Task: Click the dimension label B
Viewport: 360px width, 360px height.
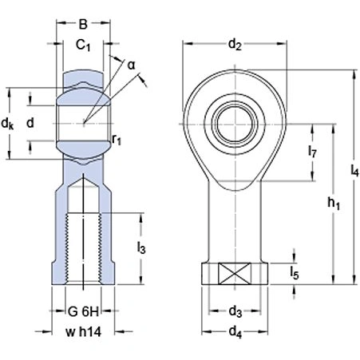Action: [x=83, y=24]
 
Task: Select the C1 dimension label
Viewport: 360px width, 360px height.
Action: [x=83, y=46]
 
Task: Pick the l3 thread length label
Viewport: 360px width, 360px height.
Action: [x=140, y=248]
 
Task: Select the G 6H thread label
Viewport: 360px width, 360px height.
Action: [x=82, y=312]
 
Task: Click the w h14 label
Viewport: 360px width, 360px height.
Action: [x=82, y=331]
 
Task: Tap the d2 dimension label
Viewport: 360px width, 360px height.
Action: [x=235, y=45]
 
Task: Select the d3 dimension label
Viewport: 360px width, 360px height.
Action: [x=235, y=311]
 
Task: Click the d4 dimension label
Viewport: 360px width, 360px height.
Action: [x=235, y=332]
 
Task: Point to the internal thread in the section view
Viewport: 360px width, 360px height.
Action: [x=83, y=247]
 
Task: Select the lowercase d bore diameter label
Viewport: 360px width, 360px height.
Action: [x=30, y=123]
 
